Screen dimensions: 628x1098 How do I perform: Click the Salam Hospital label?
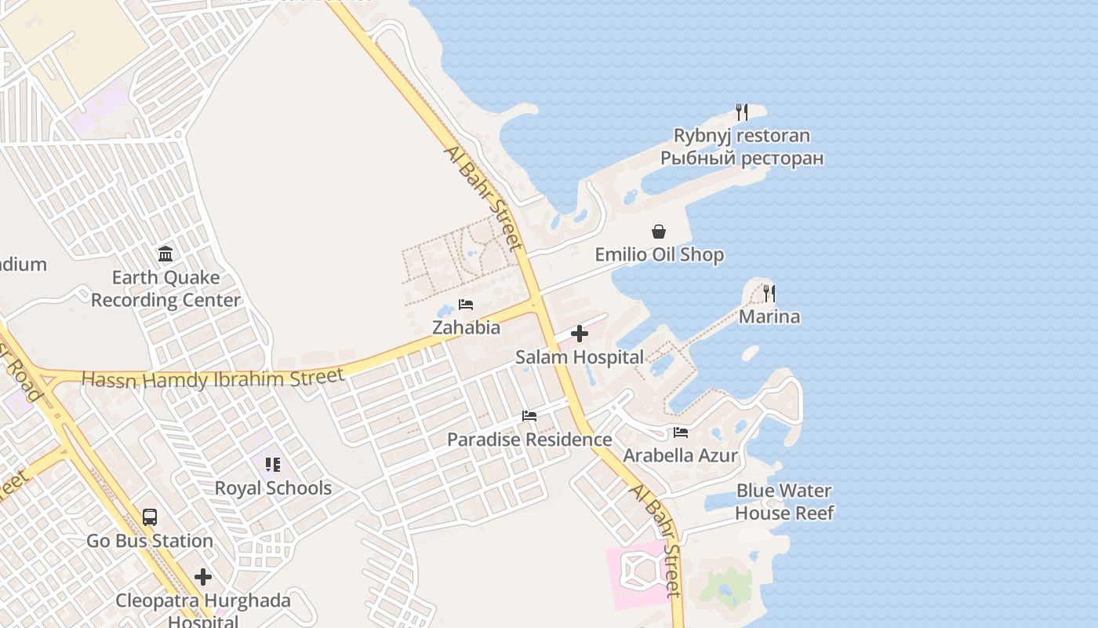[579, 357]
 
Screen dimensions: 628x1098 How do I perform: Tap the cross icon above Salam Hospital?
[580, 334]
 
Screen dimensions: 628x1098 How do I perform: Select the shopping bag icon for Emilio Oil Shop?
[659, 232]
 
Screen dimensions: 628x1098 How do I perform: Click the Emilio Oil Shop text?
[659, 255]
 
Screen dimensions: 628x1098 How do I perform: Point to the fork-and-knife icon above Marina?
[769, 294]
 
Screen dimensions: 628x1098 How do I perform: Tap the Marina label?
[769, 317]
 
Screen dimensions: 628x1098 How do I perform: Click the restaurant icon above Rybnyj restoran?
[742, 112]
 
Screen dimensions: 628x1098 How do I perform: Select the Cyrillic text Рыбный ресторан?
[742, 159]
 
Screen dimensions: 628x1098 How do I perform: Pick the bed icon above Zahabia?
[466, 304]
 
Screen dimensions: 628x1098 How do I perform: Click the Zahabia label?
[466, 327]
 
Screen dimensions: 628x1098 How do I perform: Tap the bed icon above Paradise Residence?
[529, 416]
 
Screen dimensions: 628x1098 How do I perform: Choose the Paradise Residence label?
[529, 440]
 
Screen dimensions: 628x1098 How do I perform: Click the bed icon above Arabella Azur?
[680, 433]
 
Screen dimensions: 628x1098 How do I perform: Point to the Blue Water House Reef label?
[784, 502]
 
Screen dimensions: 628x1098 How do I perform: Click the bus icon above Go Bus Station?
[150, 517]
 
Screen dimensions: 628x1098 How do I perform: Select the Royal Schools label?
[273, 488]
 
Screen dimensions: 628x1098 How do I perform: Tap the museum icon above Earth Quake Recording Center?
[165, 254]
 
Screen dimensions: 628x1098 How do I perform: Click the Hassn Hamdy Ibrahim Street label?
[213, 378]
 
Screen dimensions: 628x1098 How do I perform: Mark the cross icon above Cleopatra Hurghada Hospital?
[203, 577]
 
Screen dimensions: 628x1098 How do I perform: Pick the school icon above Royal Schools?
[273, 465]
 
